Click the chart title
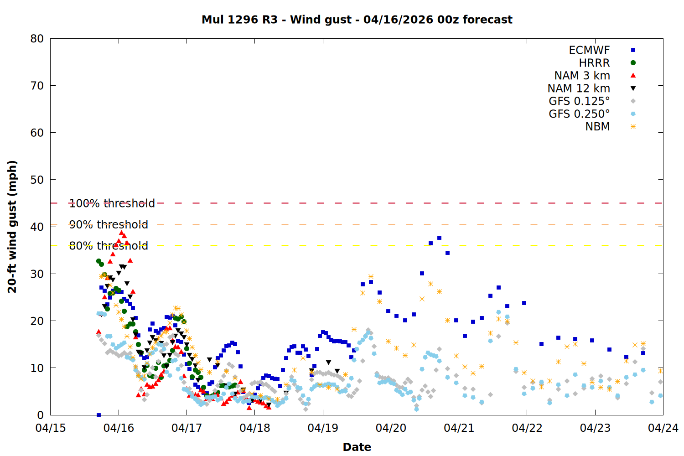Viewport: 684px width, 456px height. point(357,20)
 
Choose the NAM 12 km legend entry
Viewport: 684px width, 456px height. point(579,88)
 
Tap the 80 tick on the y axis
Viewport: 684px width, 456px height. point(37,39)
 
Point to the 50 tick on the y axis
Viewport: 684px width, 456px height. point(37,180)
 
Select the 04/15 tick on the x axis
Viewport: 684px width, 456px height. point(50,428)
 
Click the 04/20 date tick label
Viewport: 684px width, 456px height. point(391,428)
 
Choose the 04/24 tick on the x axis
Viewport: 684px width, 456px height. point(663,428)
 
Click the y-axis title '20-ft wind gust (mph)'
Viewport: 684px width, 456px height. point(12,227)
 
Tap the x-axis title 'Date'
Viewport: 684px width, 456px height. point(357,447)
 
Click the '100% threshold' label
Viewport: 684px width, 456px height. point(112,203)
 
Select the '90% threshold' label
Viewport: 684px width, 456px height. point(109,224)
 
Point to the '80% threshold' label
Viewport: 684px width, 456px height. point(109,246)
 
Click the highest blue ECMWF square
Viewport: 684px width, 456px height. point(439,238)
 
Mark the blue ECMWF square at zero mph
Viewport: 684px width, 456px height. point(98,415)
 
